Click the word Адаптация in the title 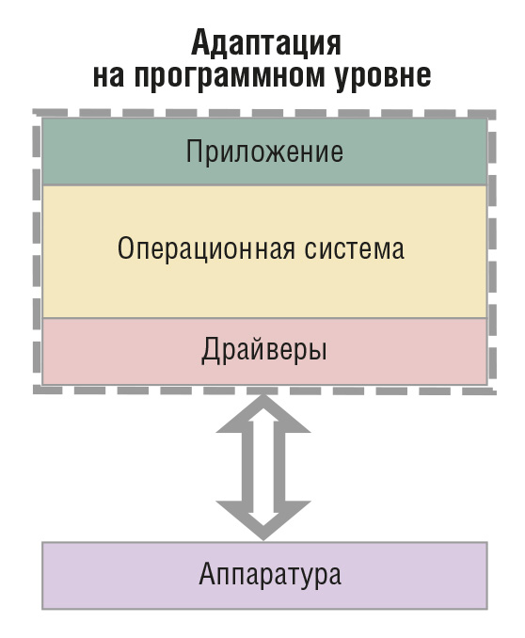[265, 43]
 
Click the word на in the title [108, 75]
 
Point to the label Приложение [264, 152]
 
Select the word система [354, 249]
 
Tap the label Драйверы [264, 350]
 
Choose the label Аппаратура [270, 574]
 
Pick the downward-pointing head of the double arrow [263, 520]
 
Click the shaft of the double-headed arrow [263, 467]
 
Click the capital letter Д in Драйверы [211, 350]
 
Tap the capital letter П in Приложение [195, 151]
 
